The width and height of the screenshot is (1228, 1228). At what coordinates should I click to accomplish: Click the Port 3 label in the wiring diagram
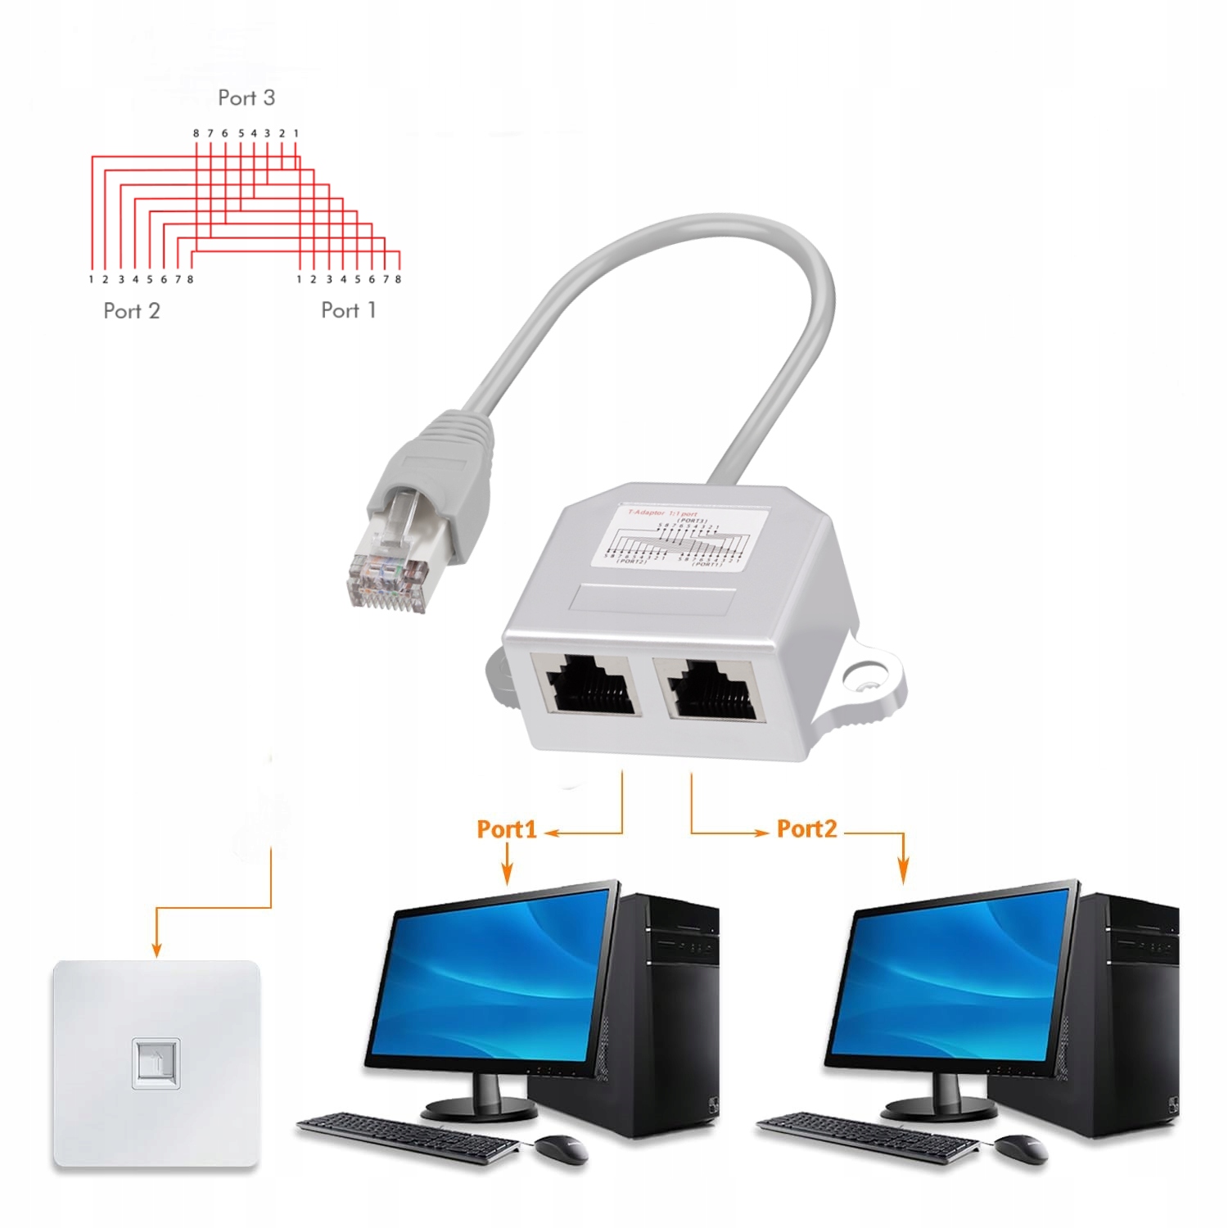pyautogui.click(x=246, y=98)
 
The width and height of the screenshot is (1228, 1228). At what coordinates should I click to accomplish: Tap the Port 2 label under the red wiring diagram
pyautogui.click(x=132, y=311)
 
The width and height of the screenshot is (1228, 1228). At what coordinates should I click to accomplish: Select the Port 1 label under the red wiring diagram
pyautogui.click(x=349, y=310)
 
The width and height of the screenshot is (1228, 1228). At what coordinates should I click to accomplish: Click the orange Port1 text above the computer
pyautogui.click(x=507, y=829)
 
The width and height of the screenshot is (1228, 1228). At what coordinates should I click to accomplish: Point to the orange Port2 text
pyautogui.click(x=807, y=829)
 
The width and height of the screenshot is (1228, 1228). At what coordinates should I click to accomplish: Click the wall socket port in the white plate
pyautogui.click(x=156, y=1063)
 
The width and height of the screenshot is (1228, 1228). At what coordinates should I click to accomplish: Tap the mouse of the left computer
pyautogui.click(x=562, y=1149)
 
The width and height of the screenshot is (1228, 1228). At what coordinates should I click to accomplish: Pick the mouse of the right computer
pyautogui.click(x=1021, y=1149)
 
